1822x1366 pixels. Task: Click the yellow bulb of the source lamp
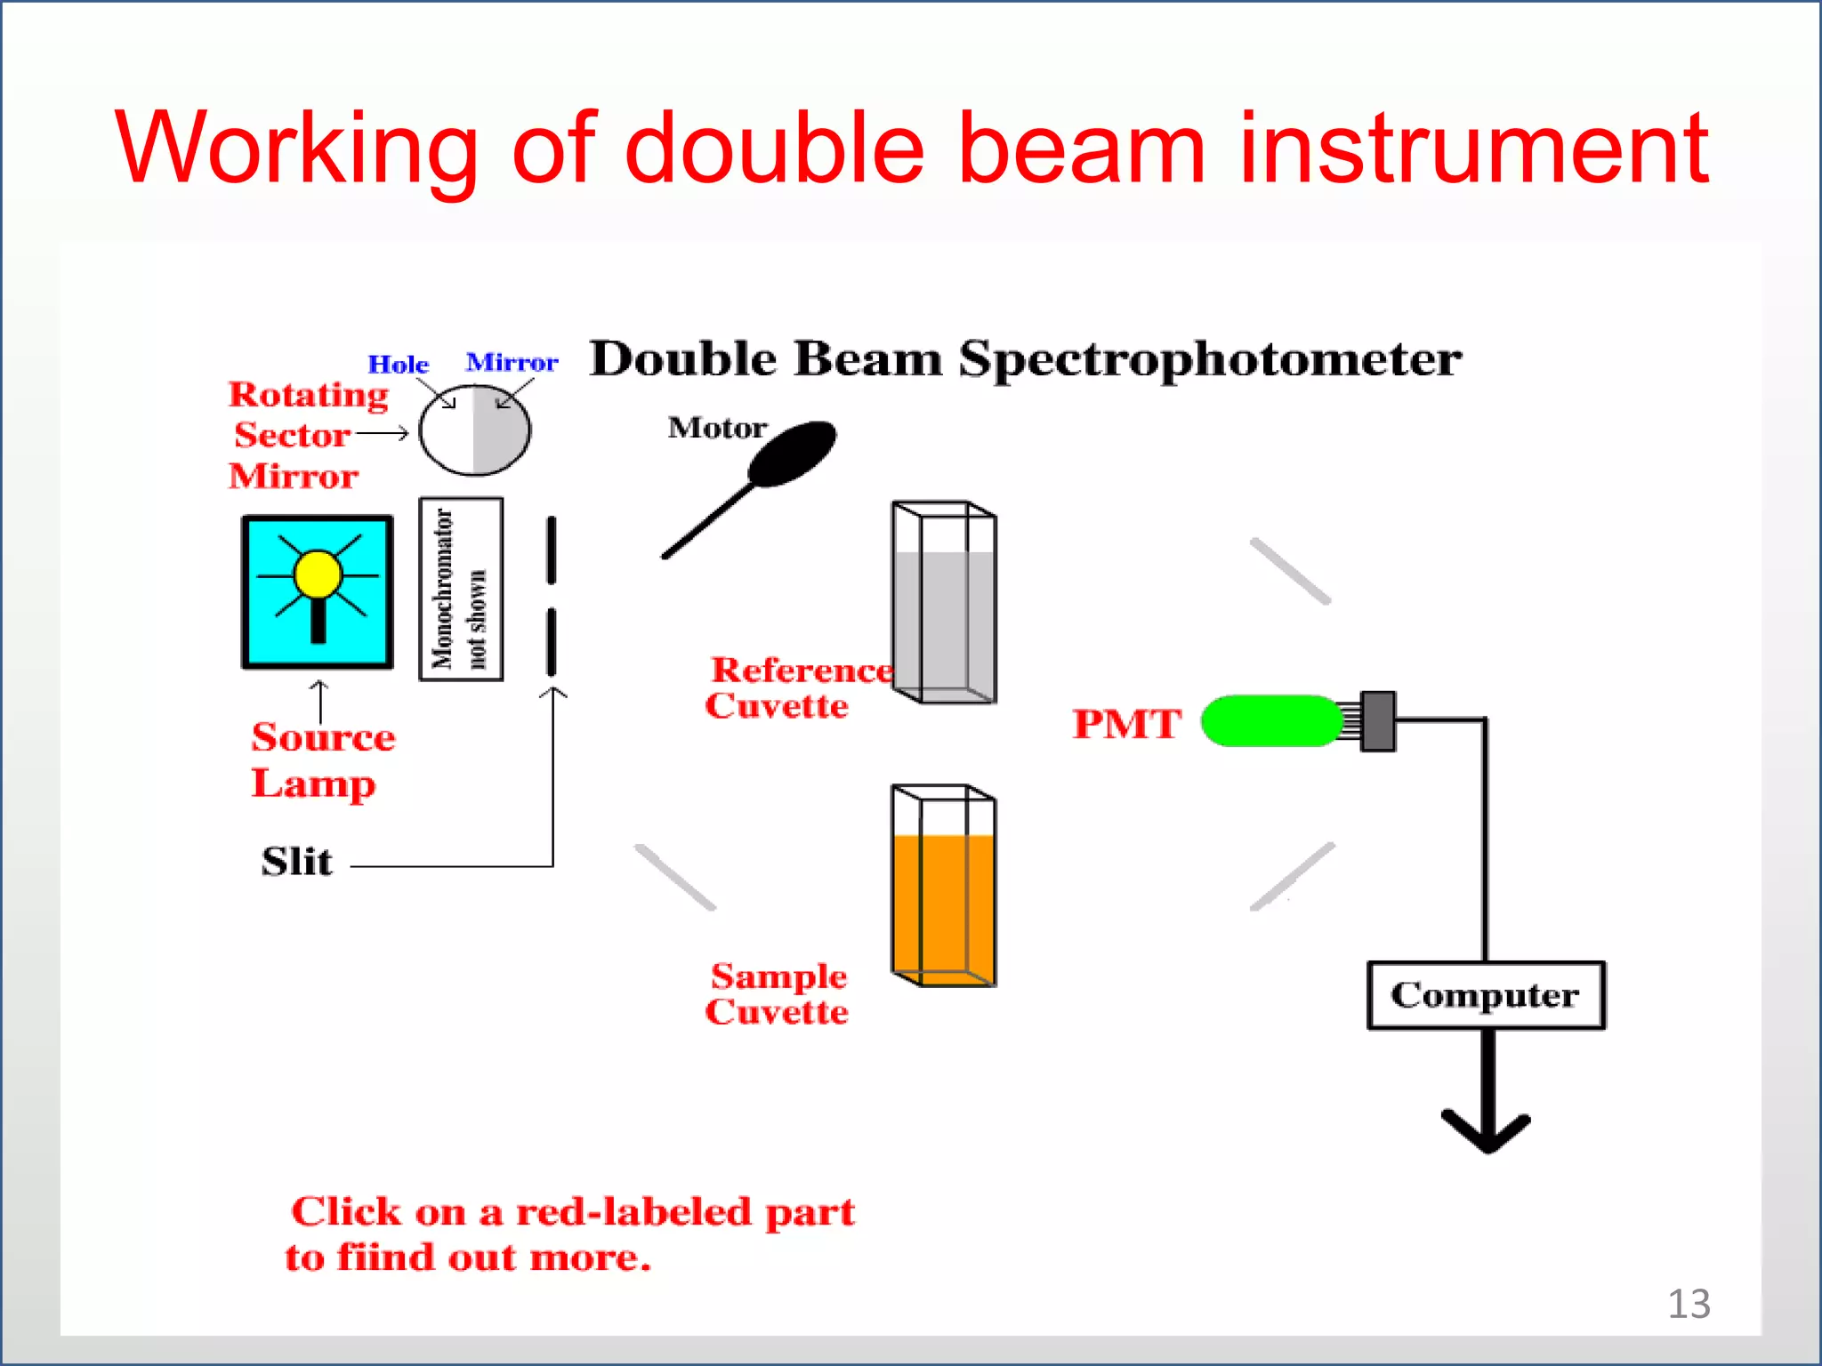[318, 574]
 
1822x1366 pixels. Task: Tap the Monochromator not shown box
[461, 589]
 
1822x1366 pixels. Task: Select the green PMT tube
[1271, 721]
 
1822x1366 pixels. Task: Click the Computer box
[1485, 995]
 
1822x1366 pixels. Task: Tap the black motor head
[794, 452]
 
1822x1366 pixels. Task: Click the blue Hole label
[398, 365]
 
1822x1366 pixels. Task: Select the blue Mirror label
[512, 363]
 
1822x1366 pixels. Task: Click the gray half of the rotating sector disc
[501, 430]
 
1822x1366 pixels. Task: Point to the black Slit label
[296, 862]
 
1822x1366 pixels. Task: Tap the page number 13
[1688, 1304]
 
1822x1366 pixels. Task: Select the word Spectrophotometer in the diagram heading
[1210, 360]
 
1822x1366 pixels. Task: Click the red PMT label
[1126, 724]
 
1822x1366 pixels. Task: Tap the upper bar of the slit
[552, 550]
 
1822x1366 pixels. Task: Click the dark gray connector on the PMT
[1378, 721]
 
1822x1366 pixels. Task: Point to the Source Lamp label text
[322, 760]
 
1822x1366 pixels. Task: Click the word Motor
[717, 428]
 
